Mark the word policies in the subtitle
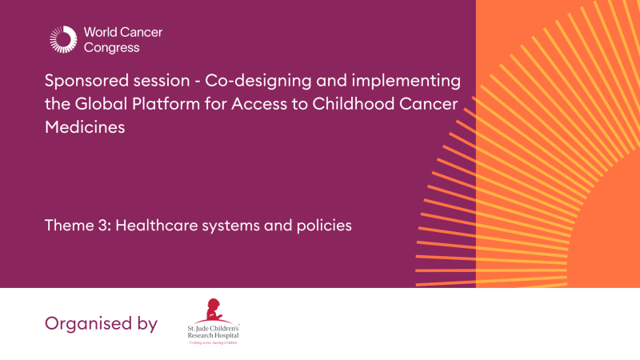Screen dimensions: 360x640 324,226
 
